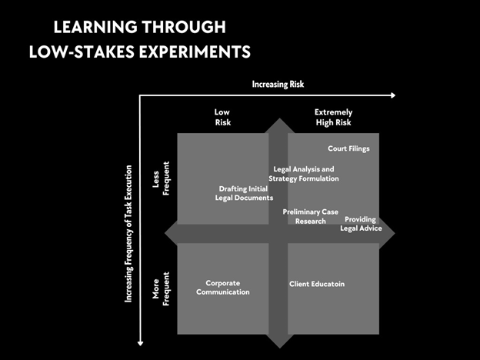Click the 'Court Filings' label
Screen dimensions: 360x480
[348, 148]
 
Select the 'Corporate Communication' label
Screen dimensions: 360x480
[222, 288]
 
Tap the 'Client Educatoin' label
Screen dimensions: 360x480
[316, 284]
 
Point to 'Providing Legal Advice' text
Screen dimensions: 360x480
[361, 224]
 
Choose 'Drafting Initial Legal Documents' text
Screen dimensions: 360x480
[244, 193]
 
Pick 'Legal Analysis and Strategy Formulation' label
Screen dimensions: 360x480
[303, 174]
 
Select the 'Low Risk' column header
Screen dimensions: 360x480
[222, 117]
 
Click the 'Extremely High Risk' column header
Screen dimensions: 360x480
[334, 117]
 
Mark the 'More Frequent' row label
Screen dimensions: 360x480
[158, 283]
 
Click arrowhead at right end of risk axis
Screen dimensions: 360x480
[392, 95]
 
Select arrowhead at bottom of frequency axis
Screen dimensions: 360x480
[140, 344]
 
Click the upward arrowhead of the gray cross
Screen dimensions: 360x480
[278, 124]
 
